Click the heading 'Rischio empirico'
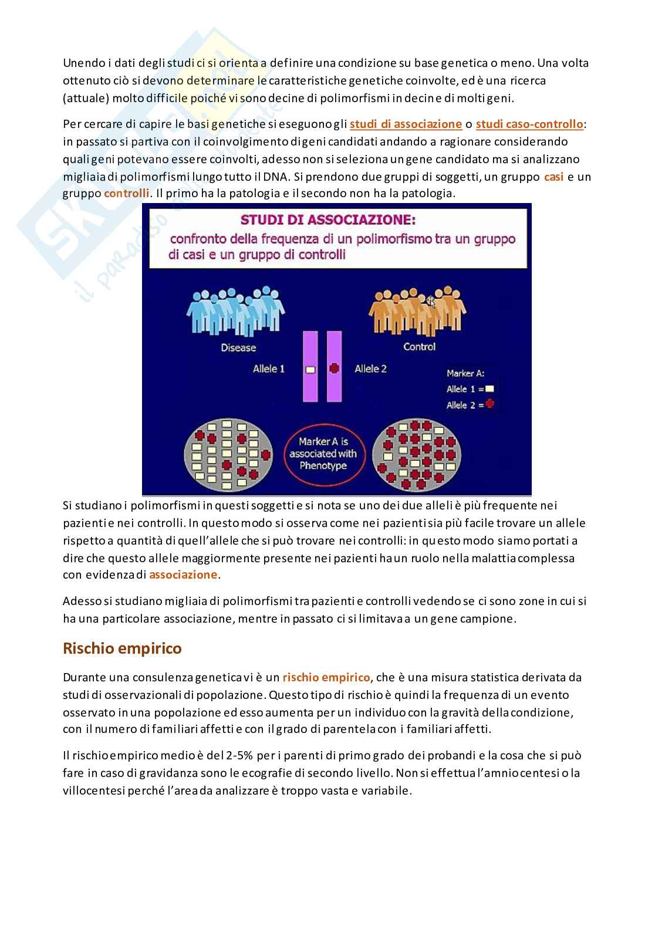pyautogui.click(x=122, y=648)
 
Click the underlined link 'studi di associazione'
pyautogui.click(x=406, y=124)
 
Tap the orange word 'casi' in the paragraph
pyautogui.click(x=553, y=176)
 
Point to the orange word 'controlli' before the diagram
pyautogui.click(x=126, y=193)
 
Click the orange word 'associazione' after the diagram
pyautogui.click(x=183, y=574)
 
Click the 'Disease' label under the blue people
pyautogui.click(x=238, y=347)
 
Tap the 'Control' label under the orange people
pyautogui.click(x=419, y=346)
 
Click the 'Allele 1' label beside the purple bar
pyautogui.click(x=269, y=369)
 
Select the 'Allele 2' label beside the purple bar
pyautogui.click(x=371, y=369)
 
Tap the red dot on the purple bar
pyautogui.click(x=334, y=369)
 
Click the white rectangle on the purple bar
pyautogui.click(x=310, y=370)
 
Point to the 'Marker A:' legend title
pyautogui.click(x=465, y=373)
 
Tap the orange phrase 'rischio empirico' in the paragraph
pyautogui.click(x=326, y=677)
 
